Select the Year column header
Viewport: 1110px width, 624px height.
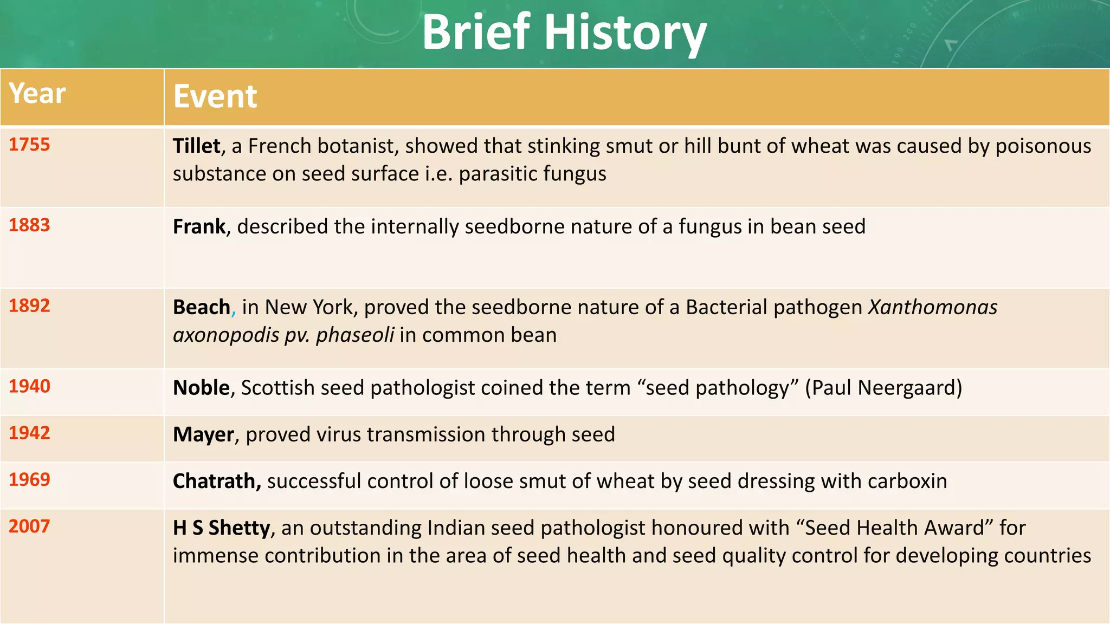click(37, 94)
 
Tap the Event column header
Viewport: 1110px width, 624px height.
click(215, 97)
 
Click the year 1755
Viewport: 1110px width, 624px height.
click(29, 145)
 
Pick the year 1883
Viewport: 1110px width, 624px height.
click(29, 225)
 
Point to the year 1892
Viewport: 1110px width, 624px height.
click(29, 306)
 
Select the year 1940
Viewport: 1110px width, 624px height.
click(29, 386)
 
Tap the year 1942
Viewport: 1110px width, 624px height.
click(29, 433)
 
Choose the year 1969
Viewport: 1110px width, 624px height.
click(29, 479)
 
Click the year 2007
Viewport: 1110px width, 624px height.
click(29, 526)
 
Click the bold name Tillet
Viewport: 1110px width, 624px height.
click(196, 146)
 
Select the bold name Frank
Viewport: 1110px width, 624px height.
click(199, 226)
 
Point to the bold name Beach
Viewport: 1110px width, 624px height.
click(202, 308)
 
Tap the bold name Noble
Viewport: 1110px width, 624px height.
click(201, 388)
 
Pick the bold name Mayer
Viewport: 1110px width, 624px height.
click(203, 435)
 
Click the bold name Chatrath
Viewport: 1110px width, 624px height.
click(216, 481)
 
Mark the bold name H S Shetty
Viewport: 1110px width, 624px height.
click(221, 528)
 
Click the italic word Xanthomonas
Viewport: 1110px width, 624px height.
click(932, 308)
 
